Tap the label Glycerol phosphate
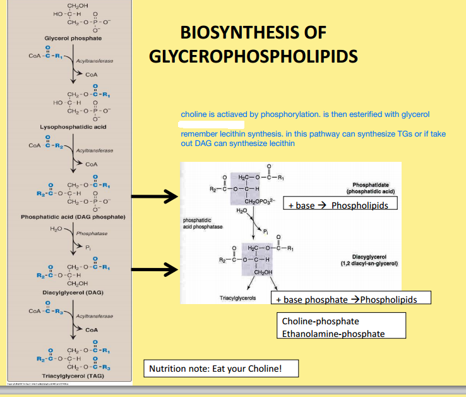coord(73,39)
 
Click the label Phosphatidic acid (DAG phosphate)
coord(73,217)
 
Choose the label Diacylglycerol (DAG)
coord(73,293)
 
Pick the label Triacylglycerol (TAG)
coord(73,376)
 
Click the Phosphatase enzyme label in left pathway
coord(92,234)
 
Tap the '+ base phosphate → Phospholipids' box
coord(350,299)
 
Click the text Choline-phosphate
coord(320,321)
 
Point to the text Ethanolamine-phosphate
coord(333,333)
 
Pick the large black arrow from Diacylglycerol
coord(152,269)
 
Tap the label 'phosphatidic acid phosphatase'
coord(199,223)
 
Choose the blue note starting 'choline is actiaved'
coord(305,114)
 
